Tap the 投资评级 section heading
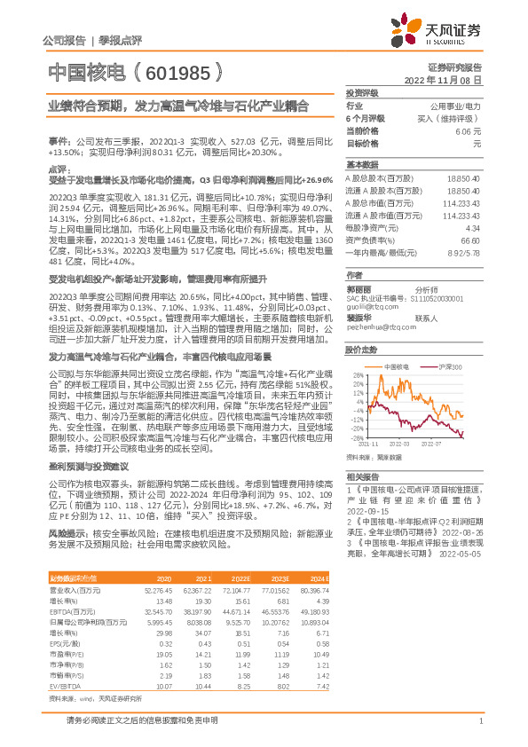coord(362,92)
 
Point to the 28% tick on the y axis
coord(357,375)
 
